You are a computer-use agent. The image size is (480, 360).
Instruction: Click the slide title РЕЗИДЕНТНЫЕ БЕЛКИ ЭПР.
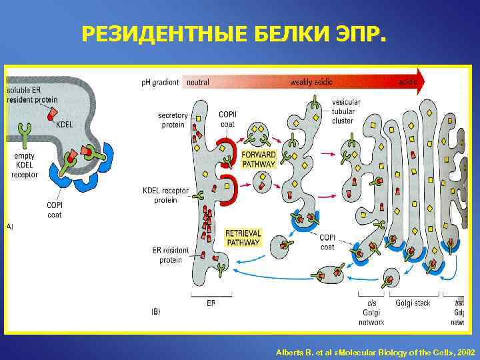pos(233,33)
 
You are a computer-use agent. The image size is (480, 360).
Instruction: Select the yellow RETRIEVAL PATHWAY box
pos(243,238)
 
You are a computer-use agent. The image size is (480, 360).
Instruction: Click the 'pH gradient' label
pos(160,83)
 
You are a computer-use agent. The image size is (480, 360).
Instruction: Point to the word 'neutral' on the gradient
pos(198,83)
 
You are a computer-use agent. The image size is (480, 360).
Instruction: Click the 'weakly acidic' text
pos(311,83)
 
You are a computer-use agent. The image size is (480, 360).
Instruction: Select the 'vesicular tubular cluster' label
pos(346,111)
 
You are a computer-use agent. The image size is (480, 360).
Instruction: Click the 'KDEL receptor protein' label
pos(166,195)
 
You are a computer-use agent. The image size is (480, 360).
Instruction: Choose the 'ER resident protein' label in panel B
pos(171,255)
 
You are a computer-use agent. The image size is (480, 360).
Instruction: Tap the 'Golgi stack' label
pos(413,303)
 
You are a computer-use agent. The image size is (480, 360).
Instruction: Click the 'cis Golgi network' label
pos(371,313)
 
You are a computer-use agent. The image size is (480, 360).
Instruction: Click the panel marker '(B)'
pos(155,311)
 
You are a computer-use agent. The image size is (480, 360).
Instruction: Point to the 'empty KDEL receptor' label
pos(24,165)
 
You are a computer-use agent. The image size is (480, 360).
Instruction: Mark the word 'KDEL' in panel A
pos(65,124)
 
